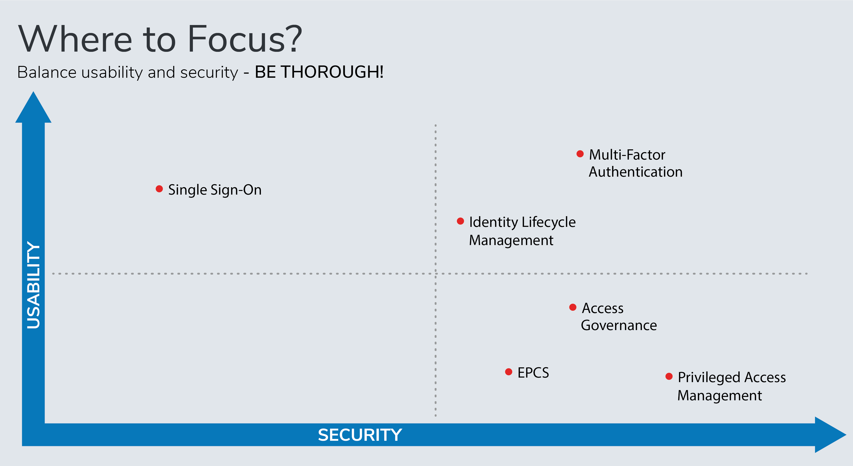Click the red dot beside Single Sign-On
[159, 189]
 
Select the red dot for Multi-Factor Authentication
[580, 154]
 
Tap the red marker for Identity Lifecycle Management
[460, 221]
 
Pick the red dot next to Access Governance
[573, 307]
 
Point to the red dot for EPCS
[509, 372]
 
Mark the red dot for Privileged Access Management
[669, 376]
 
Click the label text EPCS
[533, 373]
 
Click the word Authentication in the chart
[636, 172]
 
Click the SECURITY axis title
[360, 435]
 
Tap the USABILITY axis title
[33, 285]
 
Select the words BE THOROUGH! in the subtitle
[319, 72]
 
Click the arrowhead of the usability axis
[33, 107]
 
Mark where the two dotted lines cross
[435, 274]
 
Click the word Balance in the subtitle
[47, 72]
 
